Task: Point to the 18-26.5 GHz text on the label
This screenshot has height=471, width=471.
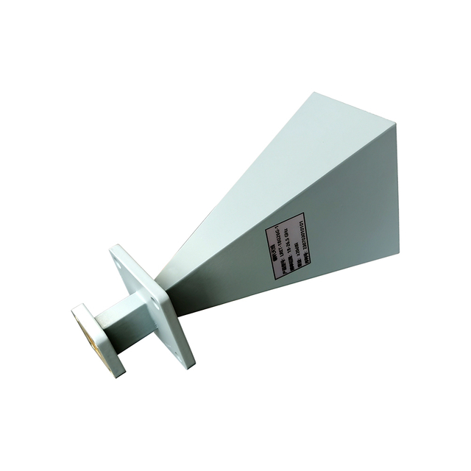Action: (288, 241)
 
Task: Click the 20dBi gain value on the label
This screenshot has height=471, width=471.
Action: (296, 249)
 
